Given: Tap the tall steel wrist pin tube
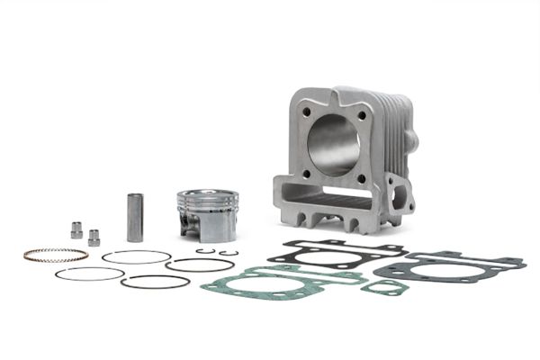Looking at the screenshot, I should click(x=134, y=216).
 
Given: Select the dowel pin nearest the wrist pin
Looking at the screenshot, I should click(x=94, y=238).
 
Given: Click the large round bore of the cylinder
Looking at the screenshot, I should click(x=336, y=144).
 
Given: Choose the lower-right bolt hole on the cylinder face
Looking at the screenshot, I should click(x=362, y=178).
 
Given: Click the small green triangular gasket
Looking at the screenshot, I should click(x=382, y=287).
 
